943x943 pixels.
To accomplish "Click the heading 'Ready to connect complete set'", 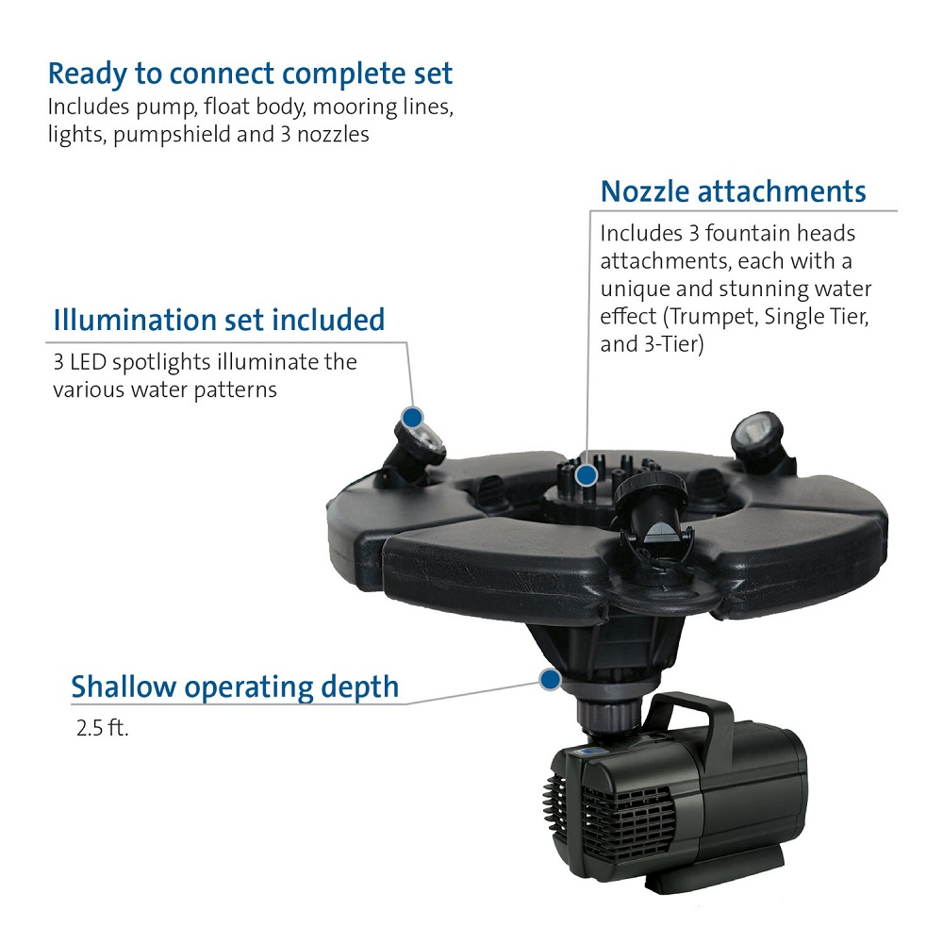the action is tap(250, 74).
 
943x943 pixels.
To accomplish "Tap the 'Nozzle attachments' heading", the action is tap(733, 191).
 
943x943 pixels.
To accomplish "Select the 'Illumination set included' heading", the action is tap(219, 320).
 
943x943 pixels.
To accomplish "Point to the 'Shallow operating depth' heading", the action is tap(235, 687).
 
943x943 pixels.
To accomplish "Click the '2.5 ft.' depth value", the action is tap(102, 728).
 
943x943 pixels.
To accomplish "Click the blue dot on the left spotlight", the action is tap(413, 418).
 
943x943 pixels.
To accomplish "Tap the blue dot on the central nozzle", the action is tap(586, 475).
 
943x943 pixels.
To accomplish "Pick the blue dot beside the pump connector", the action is tap(550, 680).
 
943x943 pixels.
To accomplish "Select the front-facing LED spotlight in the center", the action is tap(655, 511).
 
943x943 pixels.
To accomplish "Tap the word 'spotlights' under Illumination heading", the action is tap(162, 363).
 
